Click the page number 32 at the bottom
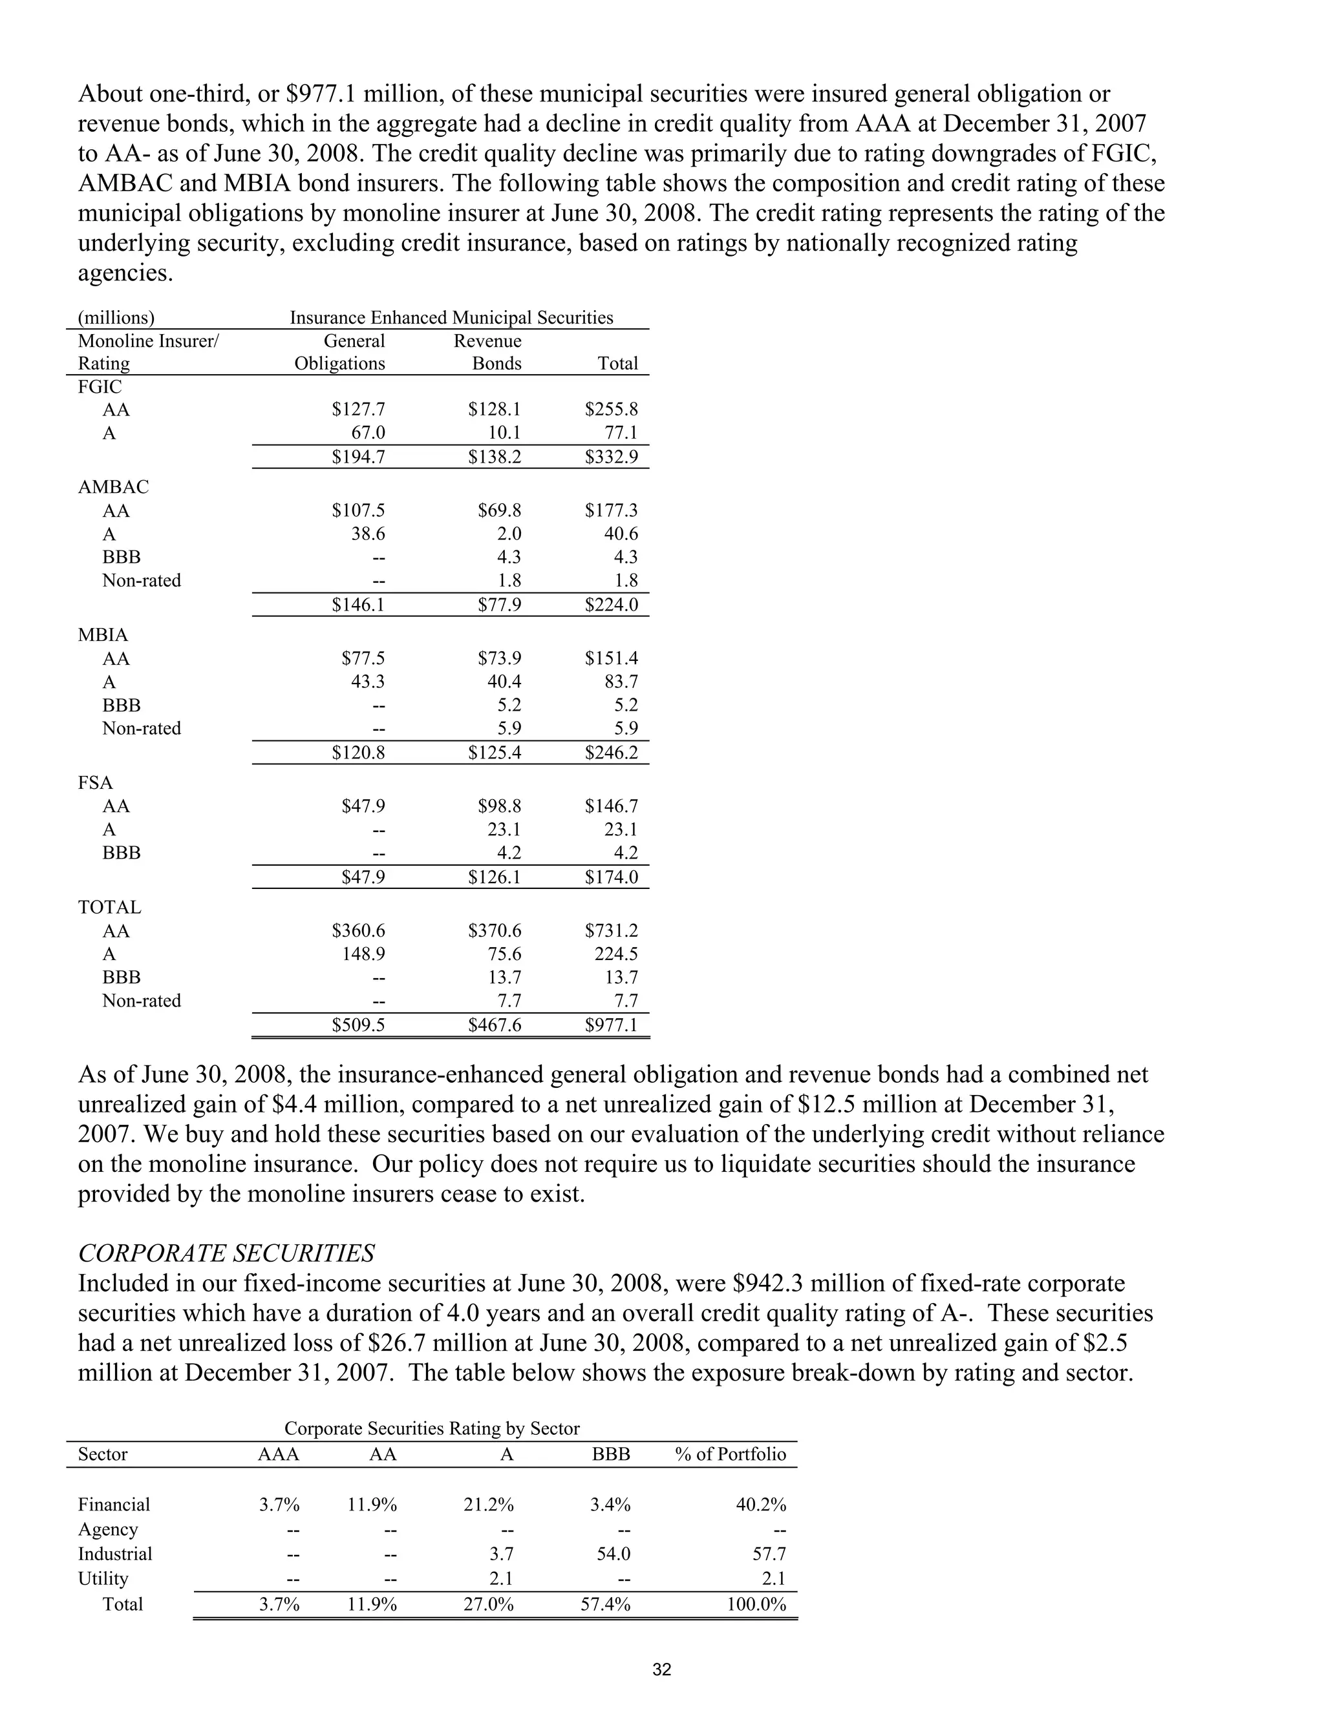pos(661,1669)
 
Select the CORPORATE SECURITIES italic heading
pos(226,1253)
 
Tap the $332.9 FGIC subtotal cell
pos(611,457)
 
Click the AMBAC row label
pos(113,487)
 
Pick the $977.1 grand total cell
pos(611,1025)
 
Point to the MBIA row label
pos(103,635)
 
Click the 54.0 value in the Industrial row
pos(614,1554)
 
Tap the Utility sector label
pos(103,1578)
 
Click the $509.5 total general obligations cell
pos(358,1025)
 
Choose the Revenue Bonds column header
pos(488,352)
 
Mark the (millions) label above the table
pos(116,317)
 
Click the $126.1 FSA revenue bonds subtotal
pos(494,877)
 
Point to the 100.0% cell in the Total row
pos(756,1604)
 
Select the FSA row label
pos(95,782)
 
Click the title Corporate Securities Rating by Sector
pos(431,1428)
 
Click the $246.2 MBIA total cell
pos(611,753)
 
